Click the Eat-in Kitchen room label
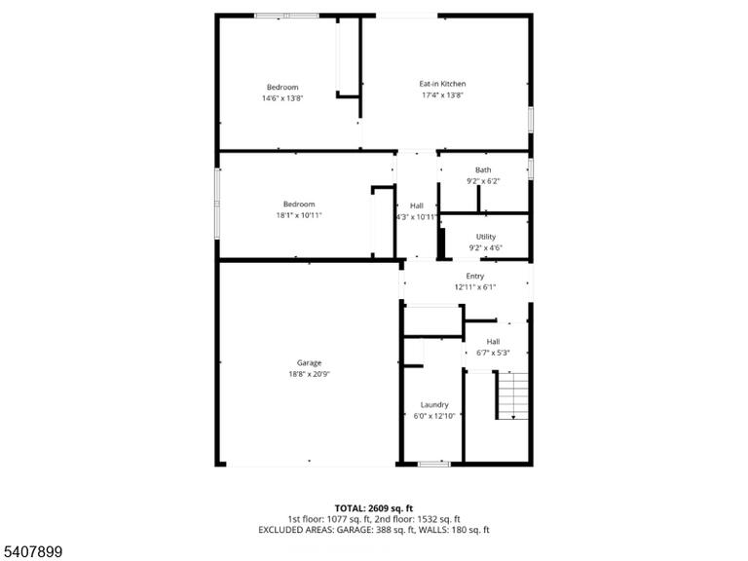(x=442, y=84)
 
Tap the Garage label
(x=309, y=363)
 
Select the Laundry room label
(x=434, y=404)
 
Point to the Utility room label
(x=486, y=237)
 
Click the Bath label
(x=483, y=169)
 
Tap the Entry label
(x=475, y=277)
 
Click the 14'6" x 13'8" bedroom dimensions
(x=282, y=98)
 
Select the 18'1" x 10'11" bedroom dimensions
(x=299, y=215)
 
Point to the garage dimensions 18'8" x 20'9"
(x=309, y=374)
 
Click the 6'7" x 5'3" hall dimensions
(x=493, y=353)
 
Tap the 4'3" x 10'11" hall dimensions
(x=417, y=217)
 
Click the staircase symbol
(x=512, y=395)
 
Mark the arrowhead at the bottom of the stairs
(x=513, y=418)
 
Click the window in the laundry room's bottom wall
(x=434, y=464)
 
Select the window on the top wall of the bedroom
(x=286, y=16)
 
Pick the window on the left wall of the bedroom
(x=217, y=204)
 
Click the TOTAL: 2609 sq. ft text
(x=374, y=508)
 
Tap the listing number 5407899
(x=31, y=552)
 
